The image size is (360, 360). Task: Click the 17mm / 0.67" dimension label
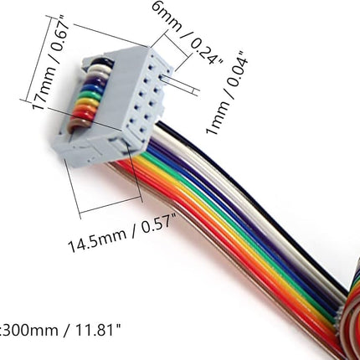(x=51, y=64)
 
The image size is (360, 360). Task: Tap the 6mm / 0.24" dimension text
(x=188, y=33)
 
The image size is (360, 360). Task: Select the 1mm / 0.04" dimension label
(x=227, y=93)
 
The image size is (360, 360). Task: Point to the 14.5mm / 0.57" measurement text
(x=123, y=234)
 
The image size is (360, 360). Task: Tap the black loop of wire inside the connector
(x=100, y=62)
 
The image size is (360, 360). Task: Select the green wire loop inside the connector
(x=89, y=95)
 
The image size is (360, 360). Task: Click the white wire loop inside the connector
(x=98, y=69)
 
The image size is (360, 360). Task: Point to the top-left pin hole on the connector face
(x=151, y=68)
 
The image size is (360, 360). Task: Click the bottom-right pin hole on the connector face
(x=143, y=130)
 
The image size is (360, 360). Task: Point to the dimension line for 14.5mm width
(x=111, y=207)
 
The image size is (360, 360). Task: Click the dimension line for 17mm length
(x=38, y=59)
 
